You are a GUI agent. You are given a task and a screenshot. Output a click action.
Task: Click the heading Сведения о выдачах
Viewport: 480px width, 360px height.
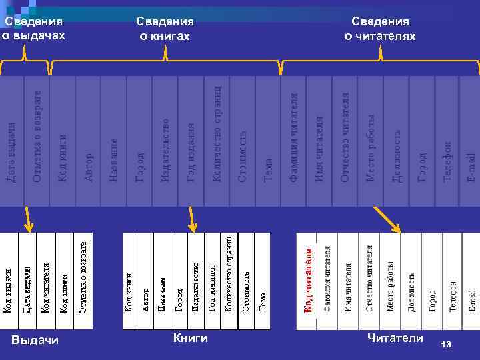pyautogui.click(x=33, y=28)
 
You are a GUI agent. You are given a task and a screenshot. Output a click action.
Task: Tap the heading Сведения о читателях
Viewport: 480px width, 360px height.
pyautogui.click(x=380, y=29)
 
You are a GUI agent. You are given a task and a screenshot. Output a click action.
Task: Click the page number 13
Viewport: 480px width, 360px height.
pyautogui.click(x=446, y=344)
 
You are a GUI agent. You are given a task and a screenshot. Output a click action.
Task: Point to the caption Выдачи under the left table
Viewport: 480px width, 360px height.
pyautogui.click(x=35, y=340)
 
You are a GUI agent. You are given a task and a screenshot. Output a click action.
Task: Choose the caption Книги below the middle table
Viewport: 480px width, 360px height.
pyautogui.click(x=191, y=338)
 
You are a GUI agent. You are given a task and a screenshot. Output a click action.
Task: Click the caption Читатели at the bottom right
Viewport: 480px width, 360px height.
pyautogui.click(x=395, y=338)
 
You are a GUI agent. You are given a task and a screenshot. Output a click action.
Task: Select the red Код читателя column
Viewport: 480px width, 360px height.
pyautogui.click(x=307, y=280)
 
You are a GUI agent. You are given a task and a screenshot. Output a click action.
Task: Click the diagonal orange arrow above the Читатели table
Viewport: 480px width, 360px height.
pyautogui.click(x=387, y=219)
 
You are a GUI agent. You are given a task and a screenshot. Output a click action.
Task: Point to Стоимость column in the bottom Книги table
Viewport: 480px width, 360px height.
pyautogui.click(x=245, y=280)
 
